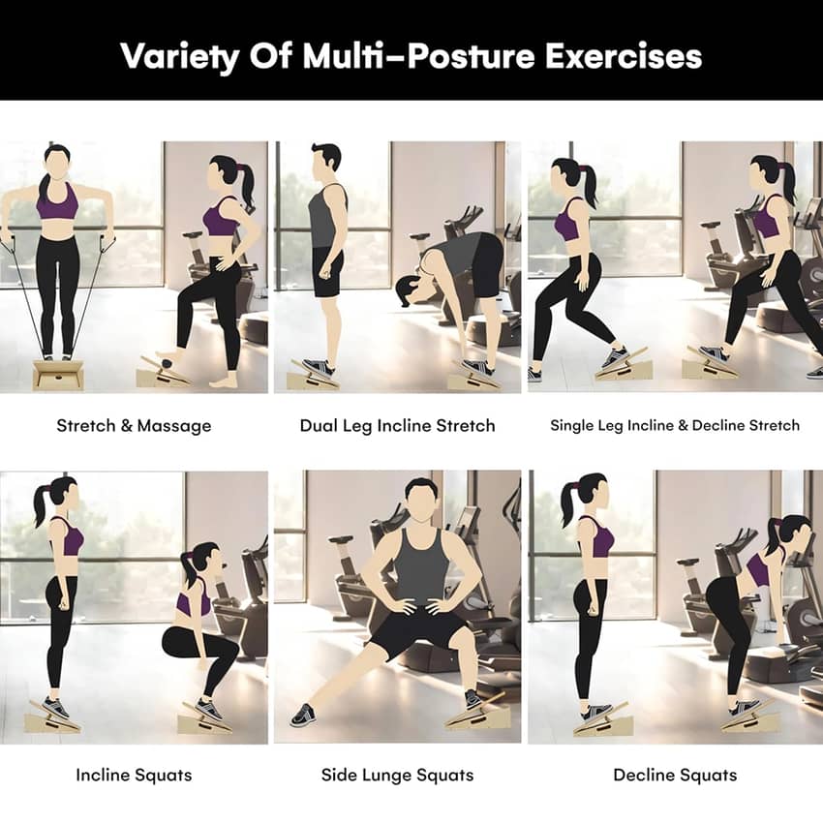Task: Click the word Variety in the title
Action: click(179, 56)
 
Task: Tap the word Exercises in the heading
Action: click(624, 55)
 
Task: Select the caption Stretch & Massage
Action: click(134, 426)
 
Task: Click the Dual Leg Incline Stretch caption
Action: click(397, 426)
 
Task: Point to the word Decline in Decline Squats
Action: click(645, 775)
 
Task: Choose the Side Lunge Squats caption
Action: click(397, 776)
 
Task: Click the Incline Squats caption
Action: click(134, 776)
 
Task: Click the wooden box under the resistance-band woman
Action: click(58, 375)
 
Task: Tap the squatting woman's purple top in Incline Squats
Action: click(193, 602)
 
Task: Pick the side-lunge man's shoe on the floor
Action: click(303, 715)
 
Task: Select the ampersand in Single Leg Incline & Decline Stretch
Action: click(683, 425)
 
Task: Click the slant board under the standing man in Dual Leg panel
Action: click(313, 376)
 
